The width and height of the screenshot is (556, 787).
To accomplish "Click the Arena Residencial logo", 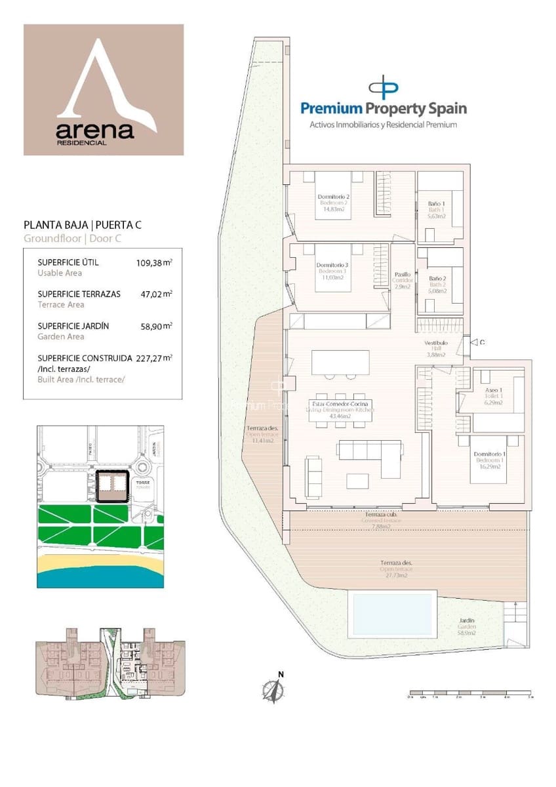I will click(104, 90).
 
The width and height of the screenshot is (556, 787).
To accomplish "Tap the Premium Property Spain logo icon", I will click(384, 88).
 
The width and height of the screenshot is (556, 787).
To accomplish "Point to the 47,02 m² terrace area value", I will click(154, 294).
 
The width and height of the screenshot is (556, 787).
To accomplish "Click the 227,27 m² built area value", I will click(154, 357).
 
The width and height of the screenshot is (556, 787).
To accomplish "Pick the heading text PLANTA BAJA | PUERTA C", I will click(83, 226).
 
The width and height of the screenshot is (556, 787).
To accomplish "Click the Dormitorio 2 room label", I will click(333, 197).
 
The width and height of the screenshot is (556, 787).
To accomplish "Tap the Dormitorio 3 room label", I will click(333, 265).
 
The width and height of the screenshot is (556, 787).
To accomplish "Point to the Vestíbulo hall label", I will click(436, 343).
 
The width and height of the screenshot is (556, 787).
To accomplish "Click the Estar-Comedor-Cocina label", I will click(340, 404).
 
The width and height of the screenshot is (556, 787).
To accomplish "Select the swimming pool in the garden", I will click(393, 613).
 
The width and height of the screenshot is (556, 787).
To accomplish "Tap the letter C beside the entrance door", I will click(482, 342).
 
